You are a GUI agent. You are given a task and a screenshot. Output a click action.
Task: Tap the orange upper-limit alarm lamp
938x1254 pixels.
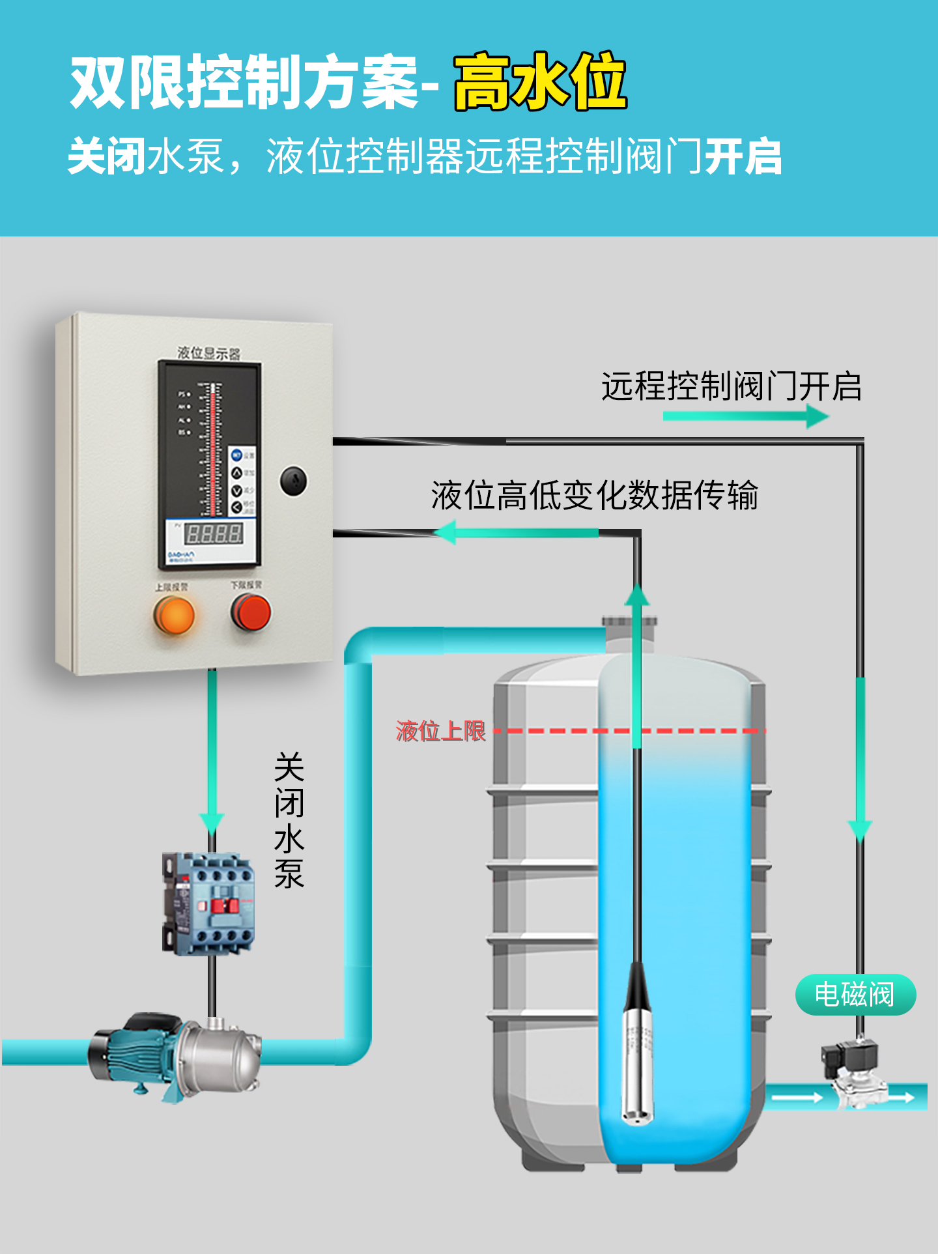(174, 614)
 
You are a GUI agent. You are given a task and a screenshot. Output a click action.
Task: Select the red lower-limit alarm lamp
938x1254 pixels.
(251, 613)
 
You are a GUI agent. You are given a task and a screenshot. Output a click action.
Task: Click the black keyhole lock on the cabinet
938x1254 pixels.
(293, 481)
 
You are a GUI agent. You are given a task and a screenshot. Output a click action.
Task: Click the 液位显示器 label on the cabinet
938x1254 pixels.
(209, 353)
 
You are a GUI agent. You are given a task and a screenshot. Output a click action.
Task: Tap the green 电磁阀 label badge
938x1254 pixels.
(855, 995)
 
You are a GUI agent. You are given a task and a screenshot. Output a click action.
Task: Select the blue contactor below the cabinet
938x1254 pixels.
(208, 904)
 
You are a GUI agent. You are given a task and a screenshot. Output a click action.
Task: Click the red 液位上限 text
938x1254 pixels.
(441, 731)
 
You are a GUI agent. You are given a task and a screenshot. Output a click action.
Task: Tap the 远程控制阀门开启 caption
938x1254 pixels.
(731, 386)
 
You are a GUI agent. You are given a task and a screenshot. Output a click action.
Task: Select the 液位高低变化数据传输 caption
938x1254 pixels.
(594, 495)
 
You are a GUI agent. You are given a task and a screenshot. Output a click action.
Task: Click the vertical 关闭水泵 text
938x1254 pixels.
(289, 820)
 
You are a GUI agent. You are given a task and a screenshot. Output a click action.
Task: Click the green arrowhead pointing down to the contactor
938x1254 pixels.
(211, 822)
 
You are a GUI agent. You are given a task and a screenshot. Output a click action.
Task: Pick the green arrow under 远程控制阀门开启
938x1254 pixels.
(745, 416)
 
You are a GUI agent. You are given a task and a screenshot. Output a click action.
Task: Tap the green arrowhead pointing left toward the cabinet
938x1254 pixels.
(446, 532)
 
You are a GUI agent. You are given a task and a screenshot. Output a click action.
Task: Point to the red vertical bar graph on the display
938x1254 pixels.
(212, 449)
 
